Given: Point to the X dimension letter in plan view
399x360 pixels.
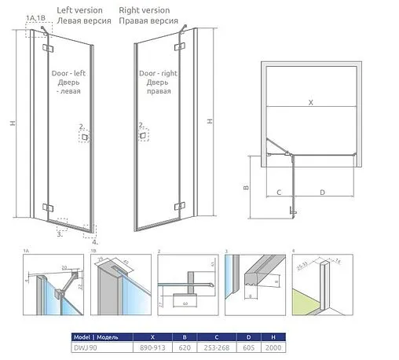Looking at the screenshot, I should click(309, 102).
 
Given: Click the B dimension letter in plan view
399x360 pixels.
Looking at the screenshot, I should click(245, 188).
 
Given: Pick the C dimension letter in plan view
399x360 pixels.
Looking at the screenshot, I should click(278, 191).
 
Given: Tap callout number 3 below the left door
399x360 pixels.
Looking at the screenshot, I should click(59, 233).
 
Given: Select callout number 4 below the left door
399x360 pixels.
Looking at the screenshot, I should click(95, 242).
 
